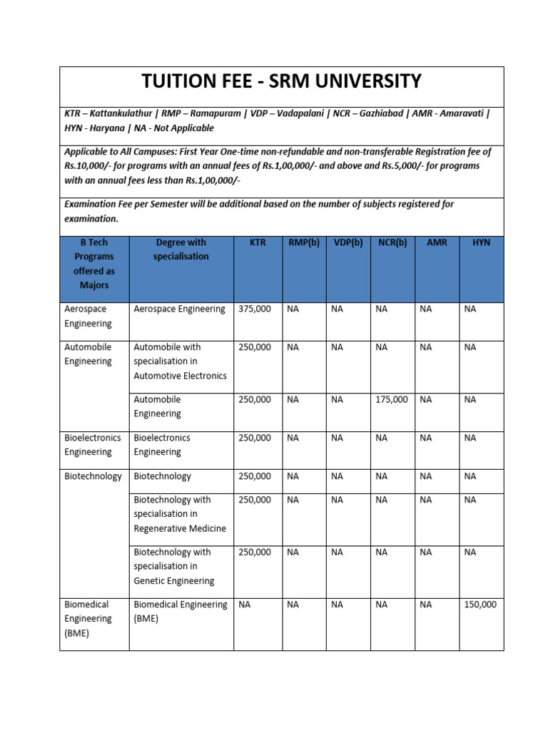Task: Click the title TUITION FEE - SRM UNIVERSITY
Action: (282, 81)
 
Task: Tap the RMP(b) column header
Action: (303, 242)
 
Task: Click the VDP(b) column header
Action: (347, 242)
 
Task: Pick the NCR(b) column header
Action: (392, 242)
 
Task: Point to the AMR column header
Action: (437, 242)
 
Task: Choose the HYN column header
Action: (482, 242)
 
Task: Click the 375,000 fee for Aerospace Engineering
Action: (255, 309)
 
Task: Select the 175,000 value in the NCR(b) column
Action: (392, 400)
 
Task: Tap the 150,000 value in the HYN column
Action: (480, 605)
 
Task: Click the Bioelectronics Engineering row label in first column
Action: (93, 445)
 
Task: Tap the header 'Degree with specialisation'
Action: (181, 250)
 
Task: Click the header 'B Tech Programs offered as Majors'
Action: (94, 264)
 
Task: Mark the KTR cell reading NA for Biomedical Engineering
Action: (245, 605)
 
